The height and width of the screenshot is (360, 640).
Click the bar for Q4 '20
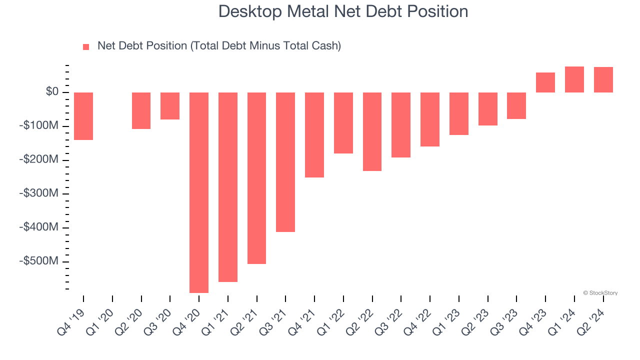pos(199,192)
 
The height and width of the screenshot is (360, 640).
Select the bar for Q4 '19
pos(83,116)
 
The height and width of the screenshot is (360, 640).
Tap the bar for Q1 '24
pos(574,79)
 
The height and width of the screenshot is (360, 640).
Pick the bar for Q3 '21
pos(285,162)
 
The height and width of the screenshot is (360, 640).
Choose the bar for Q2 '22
pos(372,131)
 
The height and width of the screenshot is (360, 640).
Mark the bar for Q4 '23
pos(545,82)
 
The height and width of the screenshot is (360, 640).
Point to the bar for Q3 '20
pos(170,106)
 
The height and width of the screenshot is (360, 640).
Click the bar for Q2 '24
pos(603,80)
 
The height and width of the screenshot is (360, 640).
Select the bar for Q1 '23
pos(459,113)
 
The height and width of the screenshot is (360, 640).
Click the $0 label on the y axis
pos(52,92)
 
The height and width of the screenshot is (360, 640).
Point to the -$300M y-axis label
pos(39,193)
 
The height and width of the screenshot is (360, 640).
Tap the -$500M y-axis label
pos(39,261)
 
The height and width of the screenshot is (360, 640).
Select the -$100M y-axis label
pos(39,125)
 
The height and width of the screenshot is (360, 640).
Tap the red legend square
pos(86,47)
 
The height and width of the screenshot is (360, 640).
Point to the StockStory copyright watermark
pos(600,293)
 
